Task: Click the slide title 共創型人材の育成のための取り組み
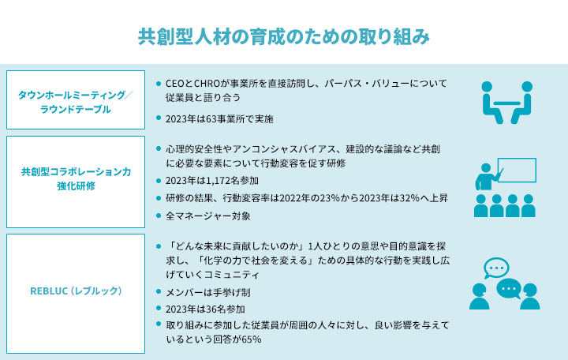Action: point(284,36)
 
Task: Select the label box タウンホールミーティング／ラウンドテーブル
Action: point(76,99)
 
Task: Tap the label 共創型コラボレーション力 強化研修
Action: point(76,178)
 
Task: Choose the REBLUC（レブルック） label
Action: point(76,291)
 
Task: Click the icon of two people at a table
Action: point(506,103)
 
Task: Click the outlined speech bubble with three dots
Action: point(496,268)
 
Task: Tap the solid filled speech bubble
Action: point(509,289)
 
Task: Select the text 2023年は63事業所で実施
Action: point(219,119)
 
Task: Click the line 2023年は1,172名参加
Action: point(212,181)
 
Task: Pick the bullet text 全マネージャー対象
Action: point(208,216)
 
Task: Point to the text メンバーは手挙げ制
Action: point(208,292)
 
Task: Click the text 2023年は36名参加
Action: point(205,309)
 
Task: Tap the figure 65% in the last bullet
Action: point(252,339)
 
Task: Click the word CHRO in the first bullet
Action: point(207,84)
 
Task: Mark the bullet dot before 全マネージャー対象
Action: point(159,216)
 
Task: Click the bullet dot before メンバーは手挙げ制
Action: point(159,291)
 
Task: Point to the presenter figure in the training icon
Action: point(488,177)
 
